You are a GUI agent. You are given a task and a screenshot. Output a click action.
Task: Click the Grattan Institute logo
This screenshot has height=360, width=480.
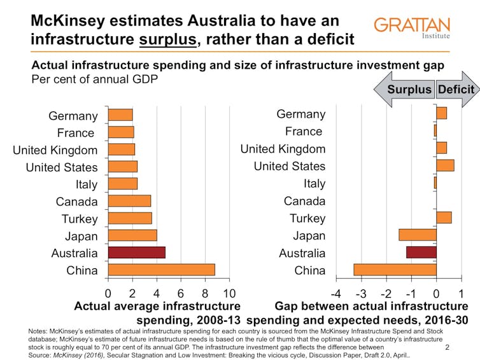tap(411, 27)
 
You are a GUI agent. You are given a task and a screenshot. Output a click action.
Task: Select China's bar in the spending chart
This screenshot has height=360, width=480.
tap(162, 269)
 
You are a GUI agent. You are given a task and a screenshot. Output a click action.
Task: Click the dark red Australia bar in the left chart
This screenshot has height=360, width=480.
tap(137, 252)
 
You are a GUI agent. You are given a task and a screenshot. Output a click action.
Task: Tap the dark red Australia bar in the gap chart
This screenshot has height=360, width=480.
tap(421, 252)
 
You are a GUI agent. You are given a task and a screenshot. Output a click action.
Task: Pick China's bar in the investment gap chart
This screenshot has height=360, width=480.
tap(395, 269)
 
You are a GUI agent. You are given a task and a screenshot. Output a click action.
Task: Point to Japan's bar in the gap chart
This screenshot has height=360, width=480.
tap(418, 235)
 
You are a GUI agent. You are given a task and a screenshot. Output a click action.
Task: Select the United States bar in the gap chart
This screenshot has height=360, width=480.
tap(445, 166)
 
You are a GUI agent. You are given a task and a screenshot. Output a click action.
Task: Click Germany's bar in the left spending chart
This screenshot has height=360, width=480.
tap(120, 115)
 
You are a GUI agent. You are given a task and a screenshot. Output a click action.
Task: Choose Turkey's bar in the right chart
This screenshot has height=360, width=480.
tap(444, 218)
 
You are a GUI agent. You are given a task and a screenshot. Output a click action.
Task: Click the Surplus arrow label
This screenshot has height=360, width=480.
tap(409, 89)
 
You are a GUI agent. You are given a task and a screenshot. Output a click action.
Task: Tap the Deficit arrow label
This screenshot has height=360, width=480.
tap(456, 89)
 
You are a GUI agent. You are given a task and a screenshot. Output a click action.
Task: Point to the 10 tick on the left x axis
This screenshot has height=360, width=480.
tap(229, 293)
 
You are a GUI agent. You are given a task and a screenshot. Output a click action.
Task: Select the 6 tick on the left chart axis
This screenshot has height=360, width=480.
tap(181, 293)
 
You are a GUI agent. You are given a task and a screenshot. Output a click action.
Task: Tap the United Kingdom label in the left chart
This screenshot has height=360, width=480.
tap(55, 150)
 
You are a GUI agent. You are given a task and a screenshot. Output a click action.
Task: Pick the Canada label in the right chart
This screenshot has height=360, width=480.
tap(304, 201)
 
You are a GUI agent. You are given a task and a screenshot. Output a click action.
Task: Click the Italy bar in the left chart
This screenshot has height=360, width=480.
tap(123, 184)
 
